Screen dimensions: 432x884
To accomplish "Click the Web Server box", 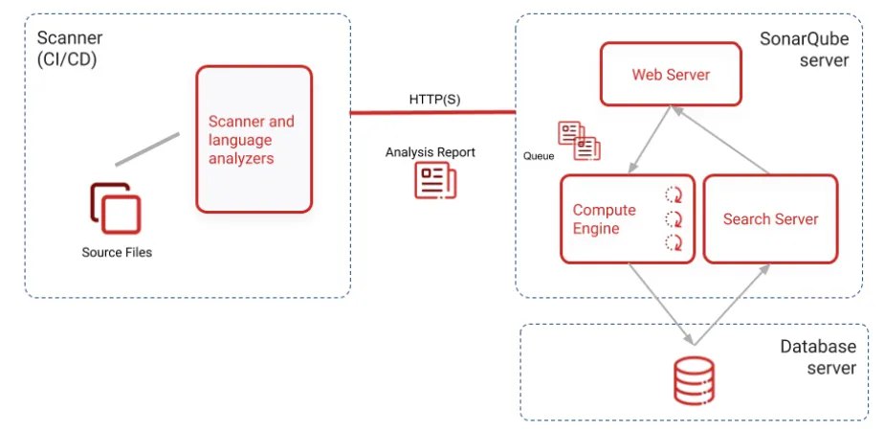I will pyautogui.click(x=671, y=75).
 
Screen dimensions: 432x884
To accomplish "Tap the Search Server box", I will pyautogui.click(x=770, y=219).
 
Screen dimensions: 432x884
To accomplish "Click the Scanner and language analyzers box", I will pyautogui.click(x=254, y=139).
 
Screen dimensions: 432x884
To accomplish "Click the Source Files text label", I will pyautogui.click(x=117, y=253).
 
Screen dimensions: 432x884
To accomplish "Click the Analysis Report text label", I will pyautogui.click(x=430, y=152).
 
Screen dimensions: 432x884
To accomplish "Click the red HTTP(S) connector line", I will pyautogui.click(x=431, y=112).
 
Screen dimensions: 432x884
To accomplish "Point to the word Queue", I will pyautogui.click(x=539, y=154).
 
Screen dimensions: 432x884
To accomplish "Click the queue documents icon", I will pyautogui.click(x=579, y=140).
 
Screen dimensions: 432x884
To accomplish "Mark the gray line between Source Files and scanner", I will pyautogui.click(x=147, y=149).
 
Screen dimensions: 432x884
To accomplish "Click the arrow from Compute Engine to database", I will pyautogui.click(x=660, y=301).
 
